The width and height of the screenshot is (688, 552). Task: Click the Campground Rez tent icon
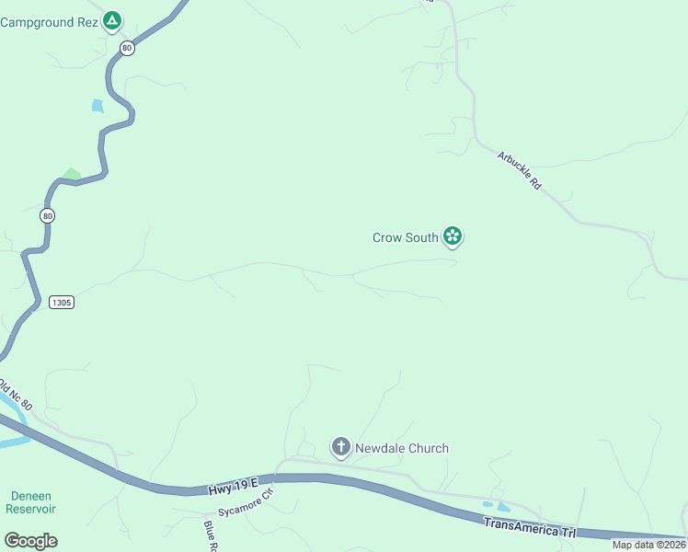coord(111,19)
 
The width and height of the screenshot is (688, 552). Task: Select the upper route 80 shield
coord(127,48)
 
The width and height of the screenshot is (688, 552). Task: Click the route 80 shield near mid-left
coord(48,215)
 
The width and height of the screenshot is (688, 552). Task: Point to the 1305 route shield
coord(61,302)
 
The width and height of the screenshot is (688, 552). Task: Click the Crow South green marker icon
coord(453,236)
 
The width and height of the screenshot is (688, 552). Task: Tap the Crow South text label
coord(405,237)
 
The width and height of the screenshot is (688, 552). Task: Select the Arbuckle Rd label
coord(520,170)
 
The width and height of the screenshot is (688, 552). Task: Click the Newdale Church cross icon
coord(340,448)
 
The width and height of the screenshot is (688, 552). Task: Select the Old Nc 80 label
coord(16,393)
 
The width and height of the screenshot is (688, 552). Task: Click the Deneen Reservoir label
coord(30,502)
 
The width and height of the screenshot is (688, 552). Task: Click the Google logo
coord(30,541)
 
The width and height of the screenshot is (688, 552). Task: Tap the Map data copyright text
coord(649,545)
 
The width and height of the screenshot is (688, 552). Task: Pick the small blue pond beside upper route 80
coord(97,106)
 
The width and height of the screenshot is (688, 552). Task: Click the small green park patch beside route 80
coord(71,175)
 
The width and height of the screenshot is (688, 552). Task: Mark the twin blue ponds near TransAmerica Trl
coord(497,506)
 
